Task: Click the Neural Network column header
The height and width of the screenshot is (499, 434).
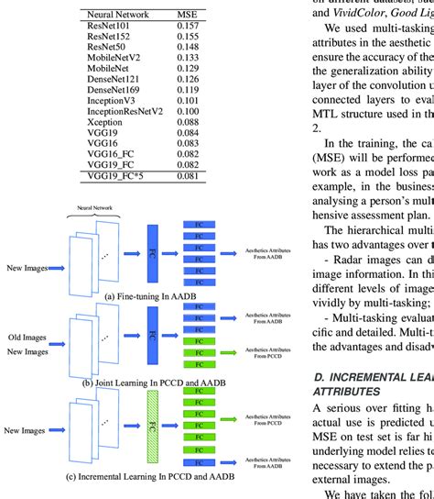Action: [x=118, y=15]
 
